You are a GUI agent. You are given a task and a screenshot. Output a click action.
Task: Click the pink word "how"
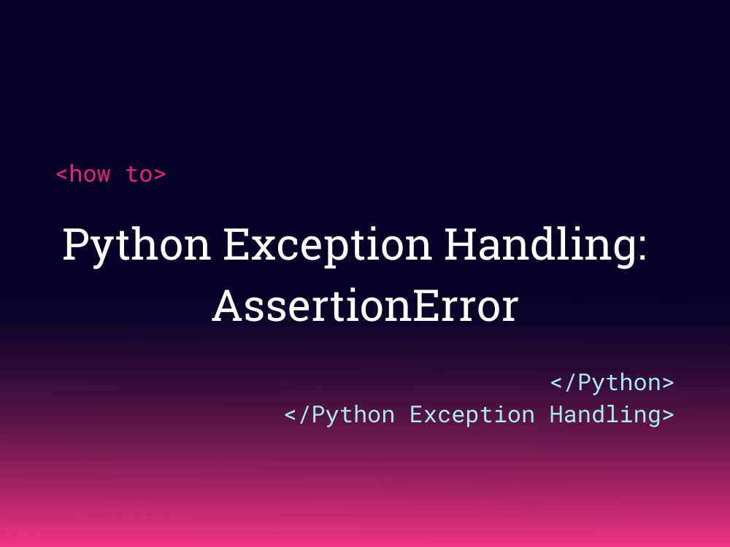90,174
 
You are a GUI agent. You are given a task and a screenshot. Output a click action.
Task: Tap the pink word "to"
139,174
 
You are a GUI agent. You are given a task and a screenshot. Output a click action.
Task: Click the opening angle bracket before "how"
62,175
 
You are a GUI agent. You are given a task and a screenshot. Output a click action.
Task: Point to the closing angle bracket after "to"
160,175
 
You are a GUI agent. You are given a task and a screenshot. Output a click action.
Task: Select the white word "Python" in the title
137,245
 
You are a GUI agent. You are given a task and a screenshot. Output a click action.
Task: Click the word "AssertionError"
365,306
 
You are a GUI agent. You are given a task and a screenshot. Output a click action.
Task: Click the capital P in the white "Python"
76,244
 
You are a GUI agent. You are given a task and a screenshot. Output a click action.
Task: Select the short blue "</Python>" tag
612,382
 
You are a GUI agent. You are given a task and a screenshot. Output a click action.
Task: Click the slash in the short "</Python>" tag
570,382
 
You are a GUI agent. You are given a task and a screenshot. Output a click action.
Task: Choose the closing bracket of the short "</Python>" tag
667,383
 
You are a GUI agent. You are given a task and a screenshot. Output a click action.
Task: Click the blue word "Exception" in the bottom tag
472,414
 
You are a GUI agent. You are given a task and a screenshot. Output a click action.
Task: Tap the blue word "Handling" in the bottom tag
604,414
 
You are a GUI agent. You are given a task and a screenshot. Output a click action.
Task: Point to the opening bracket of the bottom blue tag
291,415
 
